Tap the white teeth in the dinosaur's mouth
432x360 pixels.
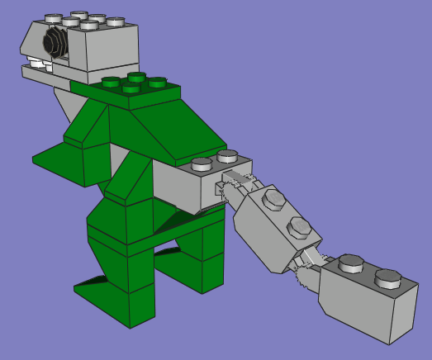pyautogui.click(x=36, y=61)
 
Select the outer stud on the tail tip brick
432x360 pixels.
pyautogui.click(x=388, y=278)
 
